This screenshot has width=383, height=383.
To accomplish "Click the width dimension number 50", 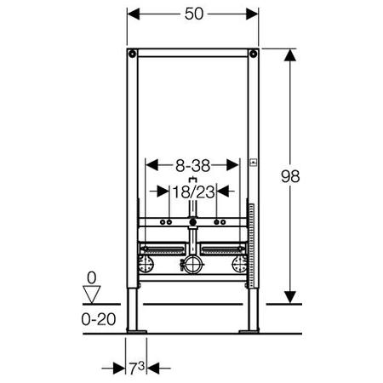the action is point(194,14).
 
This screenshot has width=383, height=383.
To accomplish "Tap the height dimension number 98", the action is point(290,176).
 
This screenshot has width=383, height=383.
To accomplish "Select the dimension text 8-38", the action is point(192,166).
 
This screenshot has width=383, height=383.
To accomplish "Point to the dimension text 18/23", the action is point(194,192).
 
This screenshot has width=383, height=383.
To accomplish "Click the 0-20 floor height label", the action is point(99,319).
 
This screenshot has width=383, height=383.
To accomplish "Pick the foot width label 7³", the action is point(137,369).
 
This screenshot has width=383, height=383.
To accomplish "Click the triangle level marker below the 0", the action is point(92,294).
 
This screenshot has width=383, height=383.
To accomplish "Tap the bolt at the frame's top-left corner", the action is point(132,54).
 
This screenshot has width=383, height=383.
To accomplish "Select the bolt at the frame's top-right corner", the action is point(253,54).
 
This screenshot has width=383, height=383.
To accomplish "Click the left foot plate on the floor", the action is point(137,332).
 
